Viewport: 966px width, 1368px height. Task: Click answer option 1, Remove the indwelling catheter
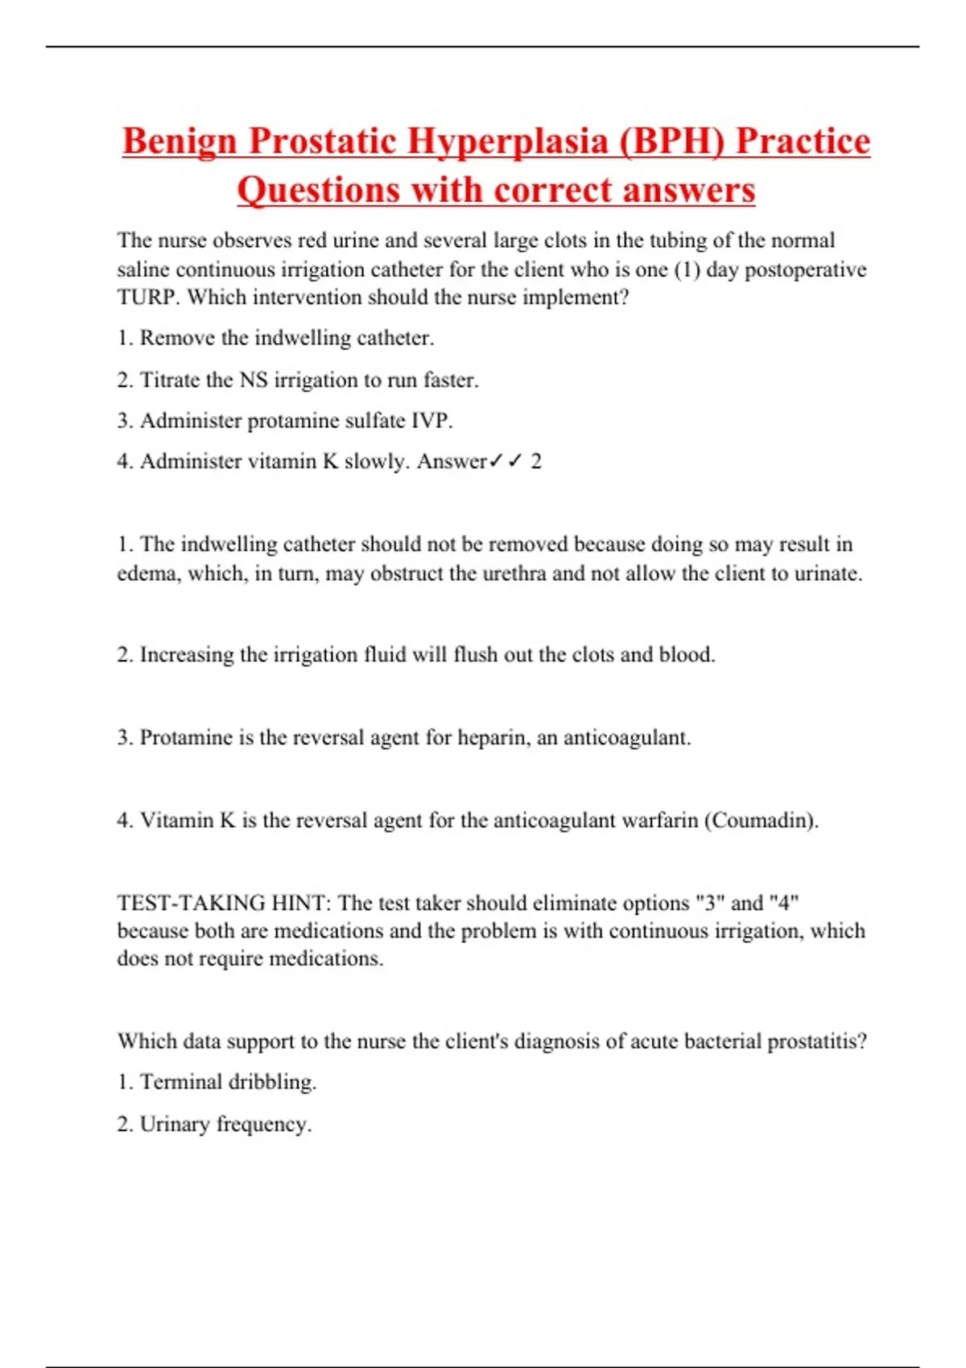point(275,338)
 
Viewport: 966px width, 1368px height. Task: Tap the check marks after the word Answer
point(506,461)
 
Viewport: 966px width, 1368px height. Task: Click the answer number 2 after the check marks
point(536,462)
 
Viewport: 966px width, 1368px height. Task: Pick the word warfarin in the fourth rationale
point(660,821)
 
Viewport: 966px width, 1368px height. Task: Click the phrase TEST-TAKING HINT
point(223,903)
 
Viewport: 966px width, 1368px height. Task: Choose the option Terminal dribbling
point(217,1082)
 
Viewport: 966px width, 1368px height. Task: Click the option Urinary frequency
point(214,1124)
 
